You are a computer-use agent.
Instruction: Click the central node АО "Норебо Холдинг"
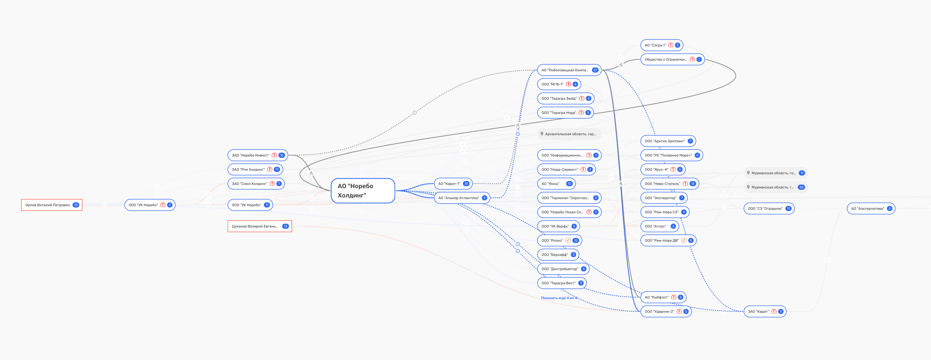(362, 190)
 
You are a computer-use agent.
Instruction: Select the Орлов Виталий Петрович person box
(51, 205)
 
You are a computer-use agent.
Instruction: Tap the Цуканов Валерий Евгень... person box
(259, 226)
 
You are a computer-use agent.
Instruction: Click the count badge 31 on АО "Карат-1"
(466, 184)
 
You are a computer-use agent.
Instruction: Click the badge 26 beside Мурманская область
(801, 187)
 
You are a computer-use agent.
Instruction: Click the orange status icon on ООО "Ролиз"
(568, 241)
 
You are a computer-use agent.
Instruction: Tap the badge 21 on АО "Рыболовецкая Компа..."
(595, 70)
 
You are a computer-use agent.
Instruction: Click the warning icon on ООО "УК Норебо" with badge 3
(163, 205)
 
